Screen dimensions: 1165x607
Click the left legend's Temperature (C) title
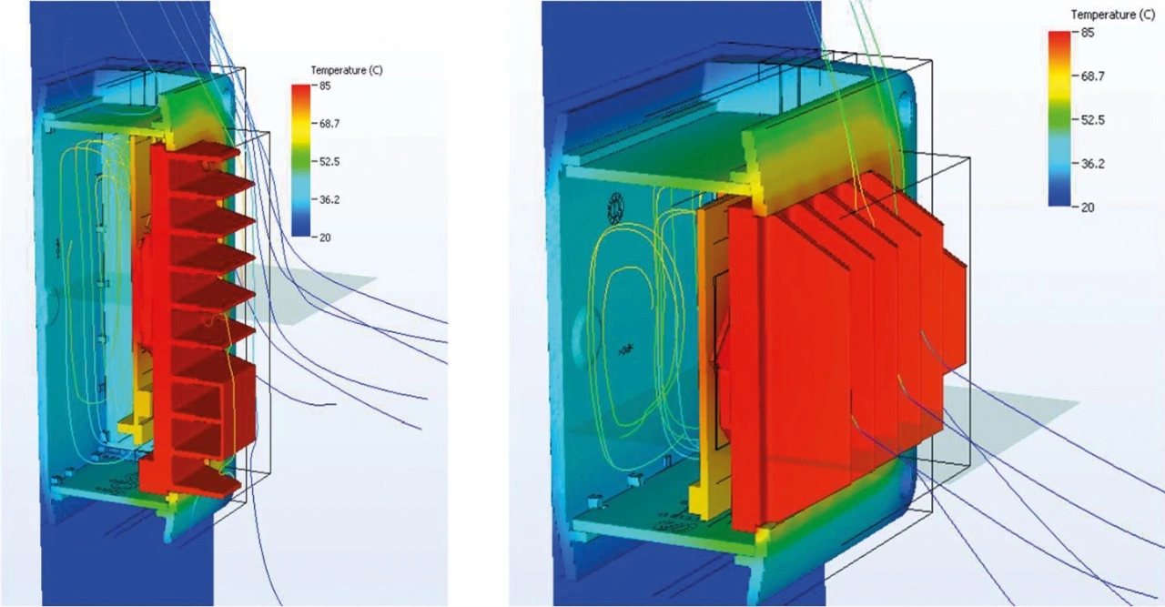(347, 70)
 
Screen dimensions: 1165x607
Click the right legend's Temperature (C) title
(1113, 15)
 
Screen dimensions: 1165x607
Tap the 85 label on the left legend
(325, 86)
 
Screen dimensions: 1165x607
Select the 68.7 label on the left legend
(329, 124)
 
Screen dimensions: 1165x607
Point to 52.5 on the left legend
(329, 162)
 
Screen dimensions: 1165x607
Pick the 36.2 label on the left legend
(329, 199)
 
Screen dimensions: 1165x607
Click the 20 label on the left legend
(325, 238)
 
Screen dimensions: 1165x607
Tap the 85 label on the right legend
(1087, 33)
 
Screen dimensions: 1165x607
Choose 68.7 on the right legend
(1092, 76)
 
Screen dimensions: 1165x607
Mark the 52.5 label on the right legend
(1092, 120)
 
